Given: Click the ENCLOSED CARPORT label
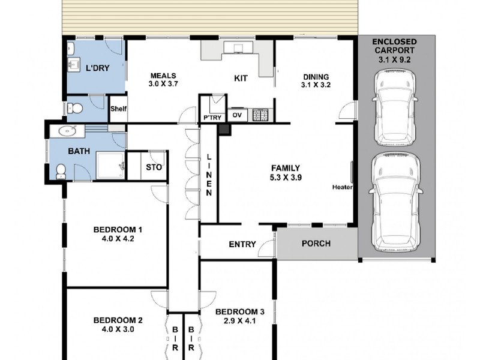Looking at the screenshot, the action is tap(394, 46).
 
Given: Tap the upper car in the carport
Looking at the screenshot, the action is tap(395, 107).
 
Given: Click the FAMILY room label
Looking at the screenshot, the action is tap(286, 168).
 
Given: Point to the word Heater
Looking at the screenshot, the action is tap(342, 187).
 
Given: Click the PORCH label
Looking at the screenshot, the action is tap(316, 244).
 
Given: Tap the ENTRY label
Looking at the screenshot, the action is tap(242, 244).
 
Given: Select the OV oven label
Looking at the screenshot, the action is tap(237, 115).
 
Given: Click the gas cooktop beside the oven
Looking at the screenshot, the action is tap(260, 115).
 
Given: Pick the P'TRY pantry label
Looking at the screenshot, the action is tap(212, 118).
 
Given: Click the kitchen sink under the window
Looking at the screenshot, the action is tap(238, 48).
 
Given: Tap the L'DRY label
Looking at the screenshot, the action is tap(98, 68).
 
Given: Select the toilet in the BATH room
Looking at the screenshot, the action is tap(61, 172).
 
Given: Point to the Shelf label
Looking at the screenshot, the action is tap(118, 109).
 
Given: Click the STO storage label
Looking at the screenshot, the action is tap(154, 167).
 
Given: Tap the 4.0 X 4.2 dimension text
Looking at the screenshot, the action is tap(118, 238).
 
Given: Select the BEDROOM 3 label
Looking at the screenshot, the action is tap(240, 312).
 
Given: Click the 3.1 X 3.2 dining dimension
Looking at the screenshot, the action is tap(316, 85).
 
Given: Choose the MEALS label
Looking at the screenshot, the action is tap(163, 76).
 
